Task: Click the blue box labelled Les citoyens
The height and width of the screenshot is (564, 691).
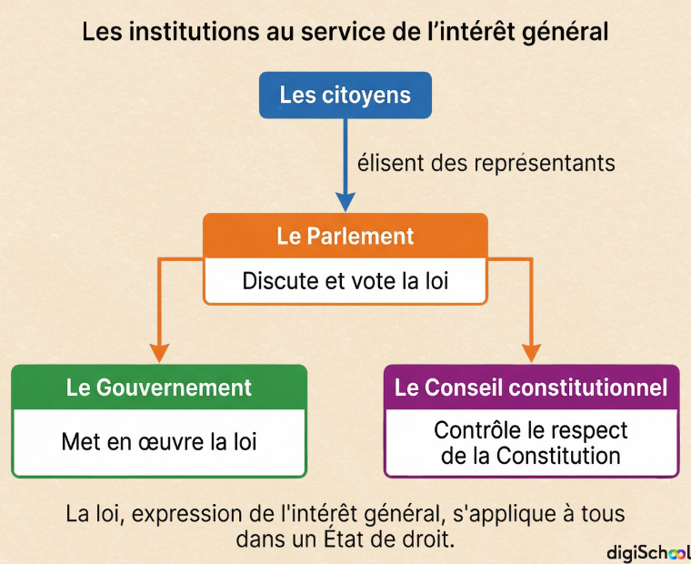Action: click(x=345, y=96)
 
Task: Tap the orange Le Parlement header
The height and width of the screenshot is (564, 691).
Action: click(x=345, y=236)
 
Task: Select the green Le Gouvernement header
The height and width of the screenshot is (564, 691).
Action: click(x=159, y=388)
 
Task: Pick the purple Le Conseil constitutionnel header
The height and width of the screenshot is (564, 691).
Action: click(x=531, y=388)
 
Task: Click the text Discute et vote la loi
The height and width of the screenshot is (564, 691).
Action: click(x=345, y=281)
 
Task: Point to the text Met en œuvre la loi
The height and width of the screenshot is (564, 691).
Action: click(x=159, y=441)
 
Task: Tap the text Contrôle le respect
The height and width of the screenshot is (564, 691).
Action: click(x=531, y=430)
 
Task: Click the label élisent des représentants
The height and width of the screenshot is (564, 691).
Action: click(x=486, y=163)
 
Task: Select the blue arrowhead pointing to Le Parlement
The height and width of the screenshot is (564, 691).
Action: click(x=345, y=202)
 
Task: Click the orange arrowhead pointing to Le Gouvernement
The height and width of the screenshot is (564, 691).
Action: click(x=159, y=353)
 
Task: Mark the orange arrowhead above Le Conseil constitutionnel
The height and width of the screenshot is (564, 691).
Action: click(x=531, y=353)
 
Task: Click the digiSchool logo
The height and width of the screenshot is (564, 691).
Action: click(x=648, y=552)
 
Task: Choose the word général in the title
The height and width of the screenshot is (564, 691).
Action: click(x=565, y=33)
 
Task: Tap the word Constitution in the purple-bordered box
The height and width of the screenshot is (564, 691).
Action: click(x=558, y=456)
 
